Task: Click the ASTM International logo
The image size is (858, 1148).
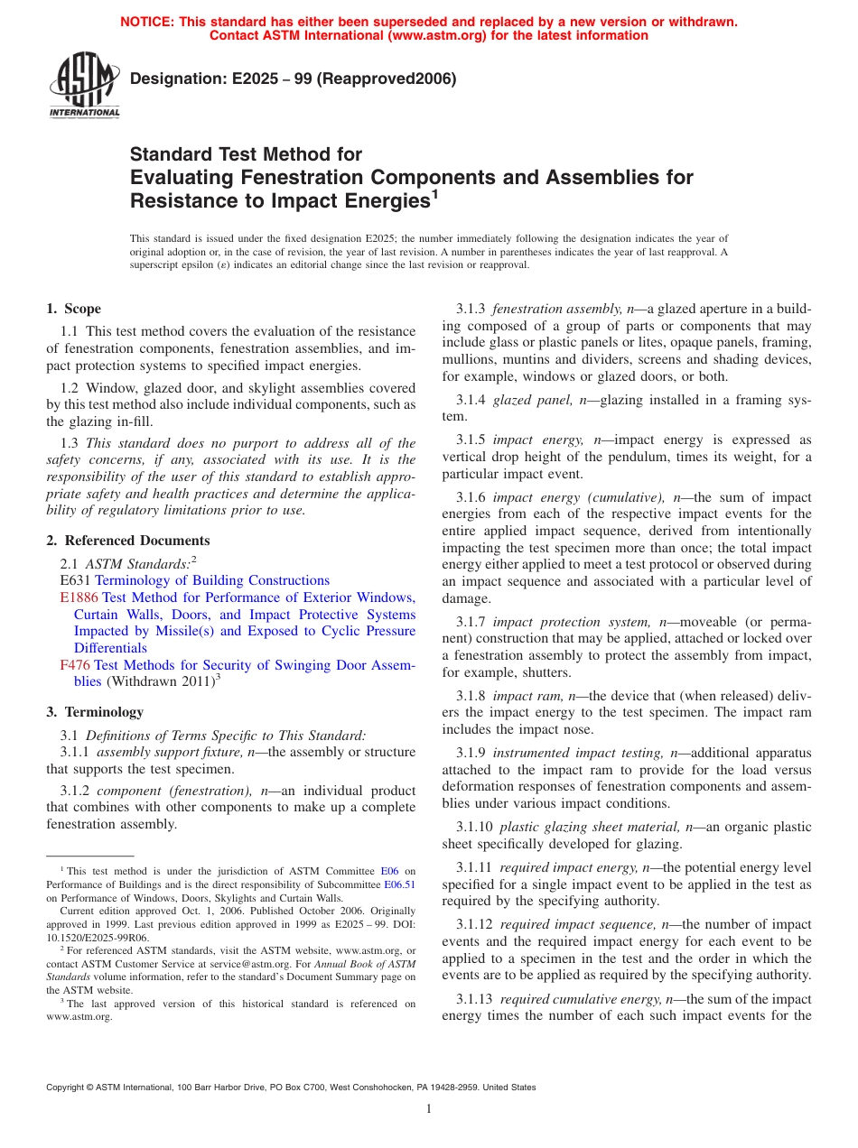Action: point(84,87)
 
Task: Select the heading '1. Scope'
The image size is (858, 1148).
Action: point(74,309)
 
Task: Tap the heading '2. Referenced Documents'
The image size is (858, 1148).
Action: point(128,541)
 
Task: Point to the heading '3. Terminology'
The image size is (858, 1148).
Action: point(95,712)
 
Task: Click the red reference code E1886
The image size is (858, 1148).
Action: point(79,597)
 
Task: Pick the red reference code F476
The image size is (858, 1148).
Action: point(74,665)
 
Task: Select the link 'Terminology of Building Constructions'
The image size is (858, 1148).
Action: point(212,580)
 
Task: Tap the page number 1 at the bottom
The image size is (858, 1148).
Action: point(429,1109)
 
